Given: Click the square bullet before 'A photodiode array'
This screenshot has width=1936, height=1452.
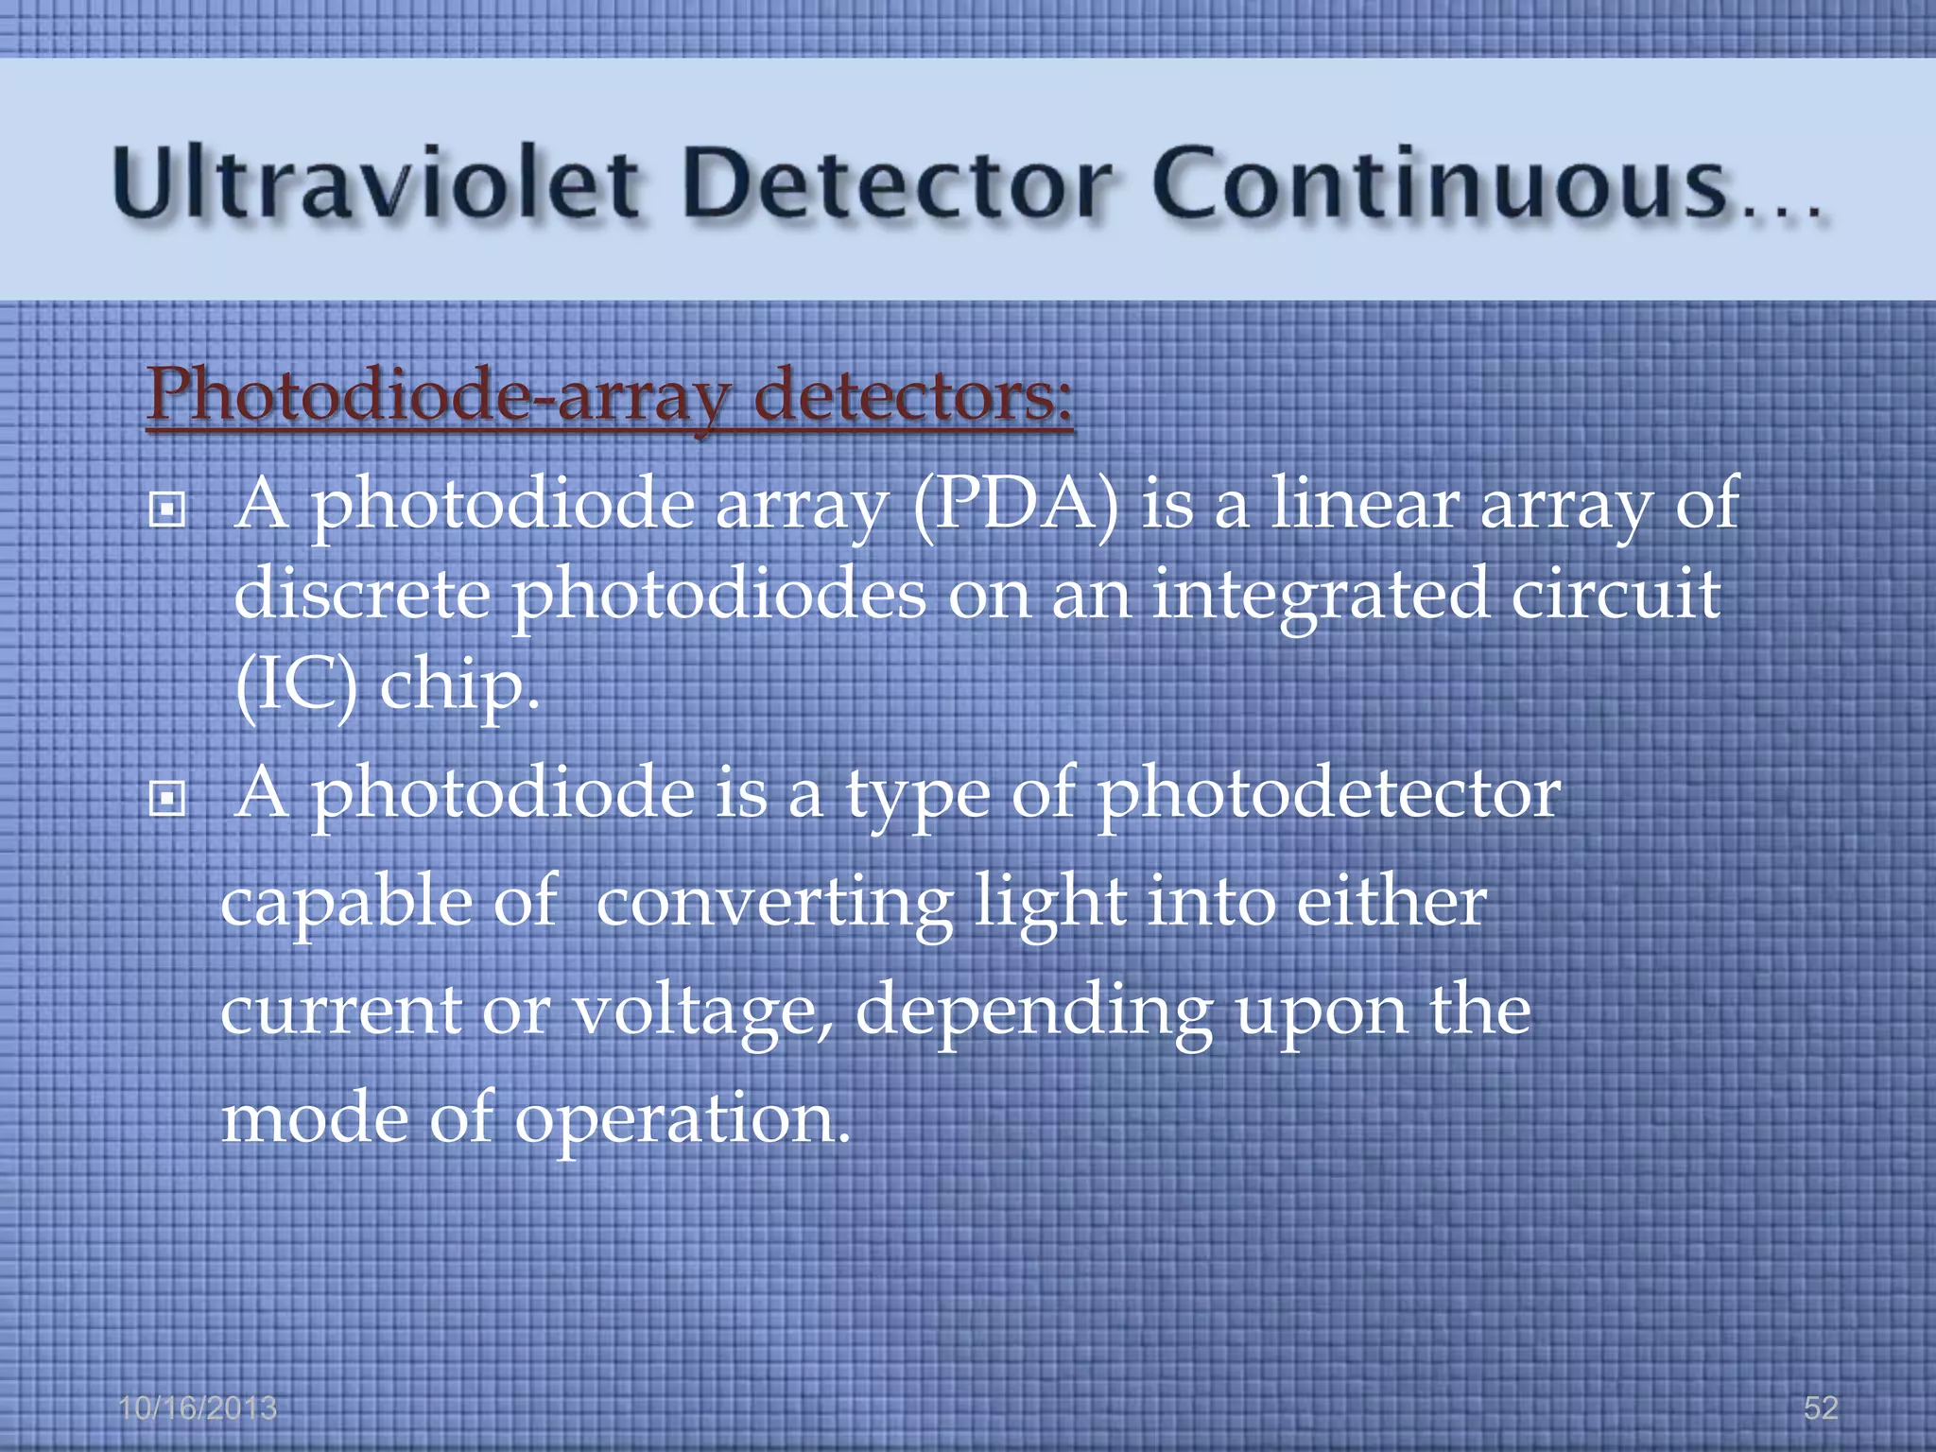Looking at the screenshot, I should click(167, 511).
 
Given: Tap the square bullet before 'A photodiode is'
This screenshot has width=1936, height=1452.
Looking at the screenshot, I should click(167, 800).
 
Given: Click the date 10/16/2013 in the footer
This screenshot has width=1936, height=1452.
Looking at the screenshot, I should click(198, 1409).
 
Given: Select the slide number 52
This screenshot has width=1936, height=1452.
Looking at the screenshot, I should click(1821, 1409).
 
